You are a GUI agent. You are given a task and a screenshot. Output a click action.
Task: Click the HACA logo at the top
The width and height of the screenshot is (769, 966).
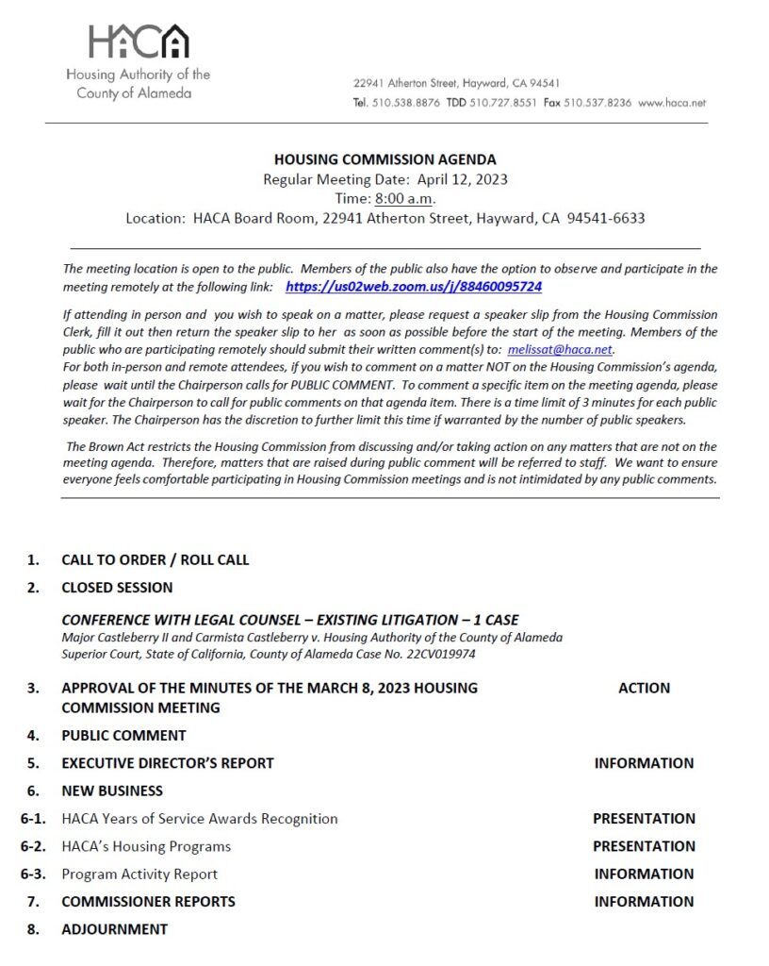[139, 42]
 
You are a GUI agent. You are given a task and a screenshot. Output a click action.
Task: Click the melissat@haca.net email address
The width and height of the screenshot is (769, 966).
[560, 349]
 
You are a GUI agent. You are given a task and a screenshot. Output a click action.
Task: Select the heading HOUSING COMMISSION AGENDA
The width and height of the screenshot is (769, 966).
[384, 159]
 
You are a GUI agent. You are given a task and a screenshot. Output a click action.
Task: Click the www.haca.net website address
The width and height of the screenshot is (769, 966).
[672, 103]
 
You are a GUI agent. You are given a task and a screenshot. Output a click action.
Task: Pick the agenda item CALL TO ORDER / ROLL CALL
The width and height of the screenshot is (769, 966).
[155, 559]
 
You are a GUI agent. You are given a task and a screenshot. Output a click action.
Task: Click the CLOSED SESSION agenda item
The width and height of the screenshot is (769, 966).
[117, 588]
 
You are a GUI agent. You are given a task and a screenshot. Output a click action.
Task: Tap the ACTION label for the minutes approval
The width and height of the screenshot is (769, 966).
[644, 688]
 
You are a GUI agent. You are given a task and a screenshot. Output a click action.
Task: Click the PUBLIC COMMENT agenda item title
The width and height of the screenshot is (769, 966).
[123, 735]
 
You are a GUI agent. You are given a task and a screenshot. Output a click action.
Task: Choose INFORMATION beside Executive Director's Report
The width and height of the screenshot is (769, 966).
[644, 763]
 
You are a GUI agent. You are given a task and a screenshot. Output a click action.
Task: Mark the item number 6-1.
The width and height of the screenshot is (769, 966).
[34, 819]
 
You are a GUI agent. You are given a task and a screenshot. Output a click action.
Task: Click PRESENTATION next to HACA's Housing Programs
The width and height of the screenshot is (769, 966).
[644, 846]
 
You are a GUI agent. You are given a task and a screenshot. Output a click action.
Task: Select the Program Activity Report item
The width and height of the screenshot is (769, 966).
[139, 874]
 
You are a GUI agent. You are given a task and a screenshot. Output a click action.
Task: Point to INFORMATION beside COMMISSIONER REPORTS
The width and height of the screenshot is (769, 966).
[644, 902]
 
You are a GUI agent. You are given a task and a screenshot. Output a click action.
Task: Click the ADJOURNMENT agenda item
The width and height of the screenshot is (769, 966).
[114, 929]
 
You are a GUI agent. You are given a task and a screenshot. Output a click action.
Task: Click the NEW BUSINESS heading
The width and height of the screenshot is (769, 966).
[112, 791]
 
